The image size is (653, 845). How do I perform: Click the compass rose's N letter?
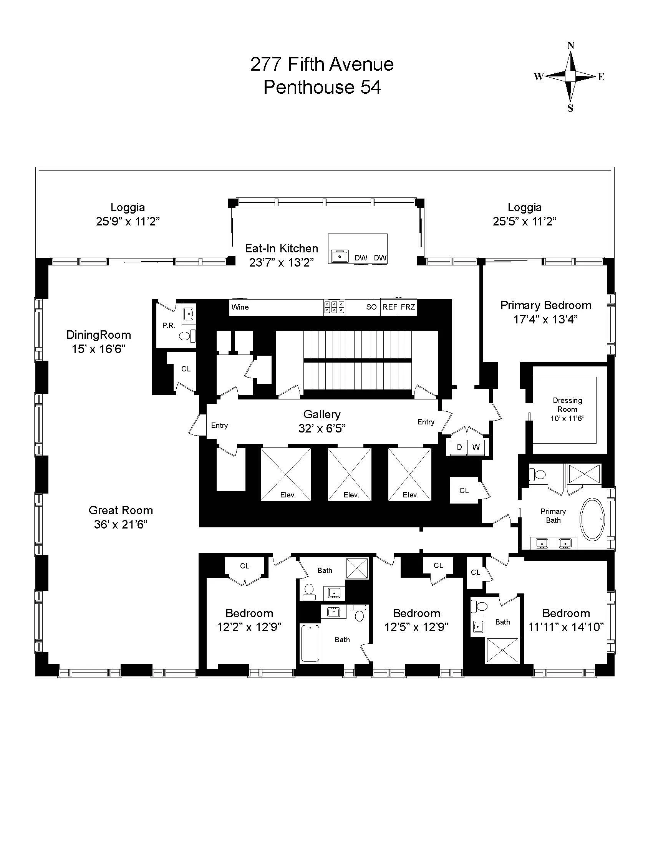[570, 45]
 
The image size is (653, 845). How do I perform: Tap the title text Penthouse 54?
[322, 87]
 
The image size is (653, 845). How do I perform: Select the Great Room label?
[121, 510]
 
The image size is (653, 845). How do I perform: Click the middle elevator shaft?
[349, 474]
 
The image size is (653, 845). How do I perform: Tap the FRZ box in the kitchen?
[408, 307]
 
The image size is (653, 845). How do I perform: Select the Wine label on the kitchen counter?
[240, 307]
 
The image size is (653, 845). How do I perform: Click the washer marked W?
[476, 447]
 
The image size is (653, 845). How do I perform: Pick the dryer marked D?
[459, 447]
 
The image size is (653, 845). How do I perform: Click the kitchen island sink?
[340, 256]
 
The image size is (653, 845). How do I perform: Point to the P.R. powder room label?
[169, 325]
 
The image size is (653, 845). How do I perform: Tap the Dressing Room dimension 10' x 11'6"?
[567, 418]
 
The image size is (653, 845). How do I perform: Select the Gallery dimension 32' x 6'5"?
[322, 428]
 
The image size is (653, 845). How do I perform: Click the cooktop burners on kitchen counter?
[334, 307]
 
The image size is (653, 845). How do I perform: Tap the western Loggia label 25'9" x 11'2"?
[128, 221]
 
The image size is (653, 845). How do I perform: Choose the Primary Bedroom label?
[545, 305]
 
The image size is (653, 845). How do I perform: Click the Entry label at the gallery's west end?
[219, 425]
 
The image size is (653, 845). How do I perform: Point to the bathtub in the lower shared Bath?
[310, 643]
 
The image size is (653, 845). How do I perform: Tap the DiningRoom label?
[99, 335]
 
